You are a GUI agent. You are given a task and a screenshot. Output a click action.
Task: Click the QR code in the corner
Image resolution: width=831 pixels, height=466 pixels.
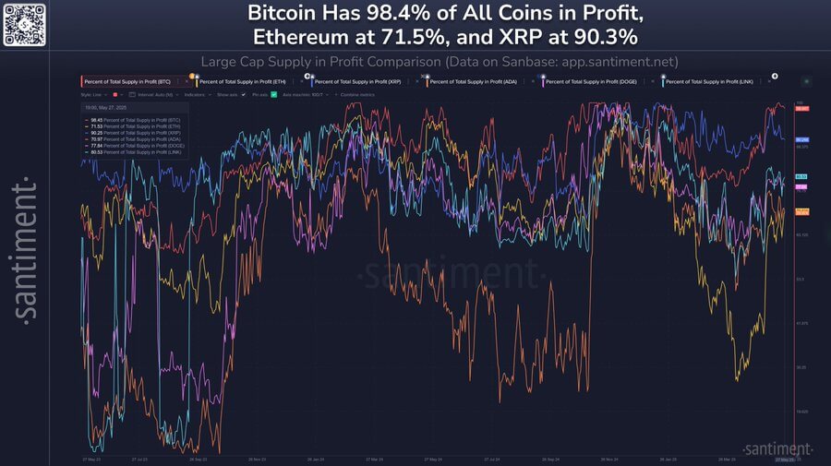pos(23,23)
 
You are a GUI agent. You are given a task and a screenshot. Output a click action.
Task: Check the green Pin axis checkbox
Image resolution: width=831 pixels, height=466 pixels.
pos(273,95)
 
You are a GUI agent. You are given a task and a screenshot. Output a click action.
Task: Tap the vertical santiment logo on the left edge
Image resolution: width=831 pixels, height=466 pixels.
pos(27,249)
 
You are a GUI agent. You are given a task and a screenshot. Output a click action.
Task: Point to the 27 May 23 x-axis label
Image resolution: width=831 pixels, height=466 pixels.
pos(90,459)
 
